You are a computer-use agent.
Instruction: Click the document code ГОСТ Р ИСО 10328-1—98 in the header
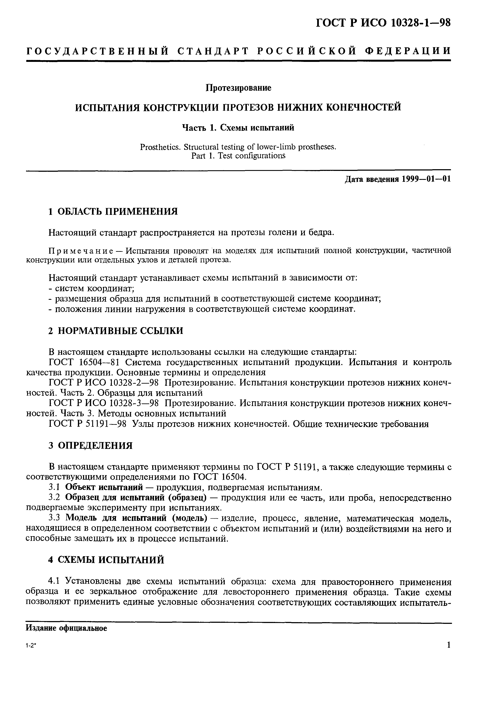tap(383, 23)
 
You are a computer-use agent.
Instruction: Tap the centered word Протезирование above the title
tap(238, 88)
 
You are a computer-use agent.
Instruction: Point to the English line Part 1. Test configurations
tap(238, 156)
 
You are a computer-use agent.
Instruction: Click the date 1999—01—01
tap(426, 179)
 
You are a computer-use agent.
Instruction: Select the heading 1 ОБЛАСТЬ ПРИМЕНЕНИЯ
tap(113, 211)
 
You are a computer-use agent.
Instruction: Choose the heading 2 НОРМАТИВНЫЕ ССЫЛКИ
tap(116, 331)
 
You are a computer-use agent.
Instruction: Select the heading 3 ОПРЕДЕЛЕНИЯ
tap(90, 445)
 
